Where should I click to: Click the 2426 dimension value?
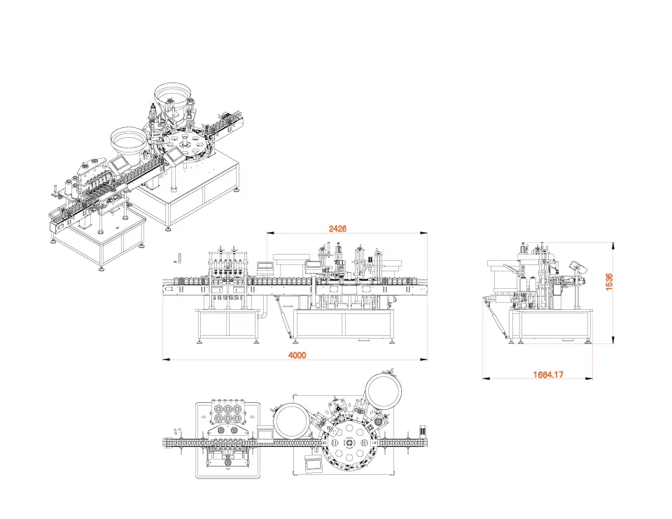pos(337,229)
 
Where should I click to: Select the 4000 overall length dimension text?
pos(297,355)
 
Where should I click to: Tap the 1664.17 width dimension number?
pos(548,375)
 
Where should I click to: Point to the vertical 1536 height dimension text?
pos(609,282)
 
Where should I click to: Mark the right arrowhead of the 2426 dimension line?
pos(423,234)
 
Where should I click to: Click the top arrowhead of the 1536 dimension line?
pos(614,246)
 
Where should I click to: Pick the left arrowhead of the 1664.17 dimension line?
pos(486,378)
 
